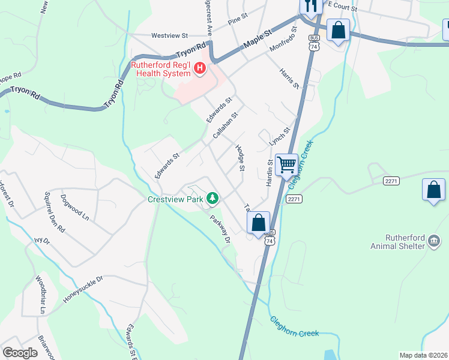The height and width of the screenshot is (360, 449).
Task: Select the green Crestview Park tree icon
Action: tap(212, 197)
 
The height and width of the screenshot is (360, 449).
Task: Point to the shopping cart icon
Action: tap(286, 164)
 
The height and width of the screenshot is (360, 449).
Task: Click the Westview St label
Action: tap(170, 35)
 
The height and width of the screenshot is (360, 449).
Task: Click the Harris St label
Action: tap(289, 78)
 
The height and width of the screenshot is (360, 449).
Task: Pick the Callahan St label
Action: tap(226, 125)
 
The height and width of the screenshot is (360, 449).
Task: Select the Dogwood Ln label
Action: tap(75, 206)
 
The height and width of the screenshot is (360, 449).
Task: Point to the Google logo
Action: tap(20, 353)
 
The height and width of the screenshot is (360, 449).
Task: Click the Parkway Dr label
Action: tap(220, 230)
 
